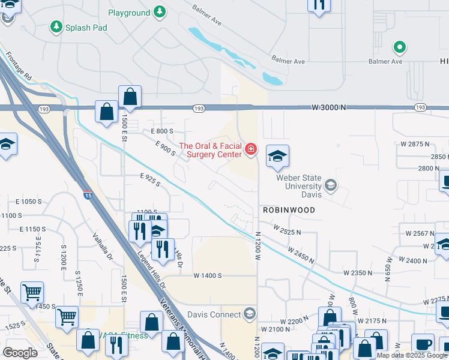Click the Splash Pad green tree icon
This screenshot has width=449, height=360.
(x=56, y=26)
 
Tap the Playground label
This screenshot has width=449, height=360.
(x=129, y=13)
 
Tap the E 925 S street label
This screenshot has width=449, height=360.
(x=150, y=179)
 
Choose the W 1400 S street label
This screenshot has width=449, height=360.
(x=208, y=275)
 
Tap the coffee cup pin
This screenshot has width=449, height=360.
(x=423, y=344)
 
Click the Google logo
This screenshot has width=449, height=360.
(x=20, y=353)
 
